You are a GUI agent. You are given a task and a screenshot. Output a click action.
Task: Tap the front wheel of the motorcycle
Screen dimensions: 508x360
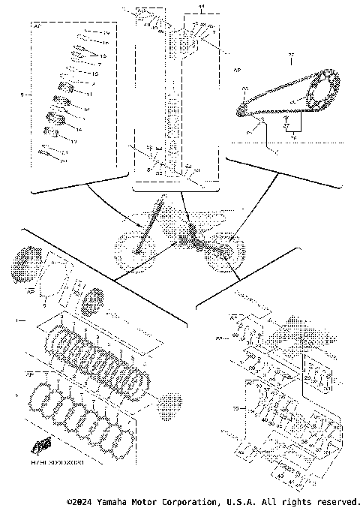click(134, 251)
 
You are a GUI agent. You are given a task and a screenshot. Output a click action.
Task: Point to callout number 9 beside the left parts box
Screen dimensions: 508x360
click(23, 95)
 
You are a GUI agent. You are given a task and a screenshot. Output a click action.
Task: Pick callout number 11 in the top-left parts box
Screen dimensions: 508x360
click(87, 95)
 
